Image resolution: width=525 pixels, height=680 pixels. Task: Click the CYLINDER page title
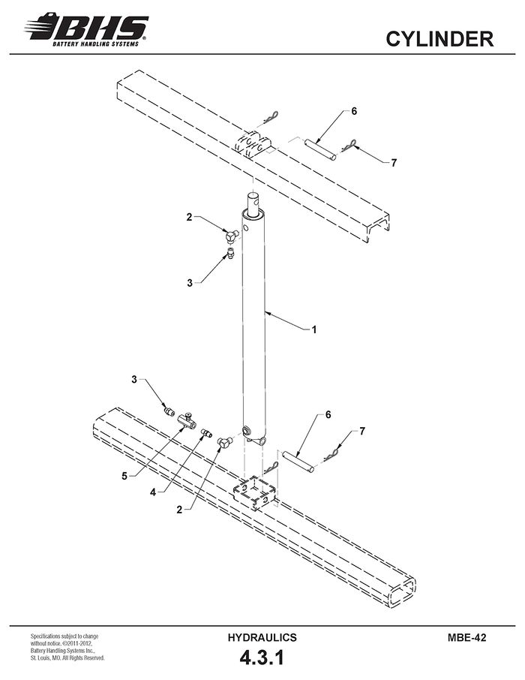tap(439, 39)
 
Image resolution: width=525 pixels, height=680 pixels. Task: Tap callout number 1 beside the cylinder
tap(313, 329)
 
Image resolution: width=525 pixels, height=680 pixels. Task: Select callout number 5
tap(124, 476)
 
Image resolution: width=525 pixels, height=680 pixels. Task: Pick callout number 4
tap(153, 492)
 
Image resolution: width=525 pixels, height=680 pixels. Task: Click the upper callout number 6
tap(354, 111)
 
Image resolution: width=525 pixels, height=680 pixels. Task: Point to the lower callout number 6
tap(328, 414)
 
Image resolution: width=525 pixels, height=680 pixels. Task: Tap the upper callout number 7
tap(394, 163)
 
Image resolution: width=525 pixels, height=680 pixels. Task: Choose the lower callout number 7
tap(362, 431)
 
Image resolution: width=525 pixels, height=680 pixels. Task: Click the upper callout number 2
tap(189, 217)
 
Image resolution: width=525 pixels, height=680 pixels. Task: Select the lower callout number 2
tap(179, 510)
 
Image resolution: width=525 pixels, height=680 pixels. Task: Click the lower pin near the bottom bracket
tap(298, 462)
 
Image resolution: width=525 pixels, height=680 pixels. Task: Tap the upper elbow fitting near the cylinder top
tap(232, 236)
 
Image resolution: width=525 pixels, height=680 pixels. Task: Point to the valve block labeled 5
tap(187, 420)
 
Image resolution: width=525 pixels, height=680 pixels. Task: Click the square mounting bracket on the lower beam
tap(254, 492)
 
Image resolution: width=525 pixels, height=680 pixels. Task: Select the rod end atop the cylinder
tap(253, 202)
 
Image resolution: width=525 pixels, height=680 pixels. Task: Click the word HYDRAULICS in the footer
tap(262, 637)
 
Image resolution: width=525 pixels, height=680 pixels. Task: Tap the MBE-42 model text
tap(467, 637)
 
